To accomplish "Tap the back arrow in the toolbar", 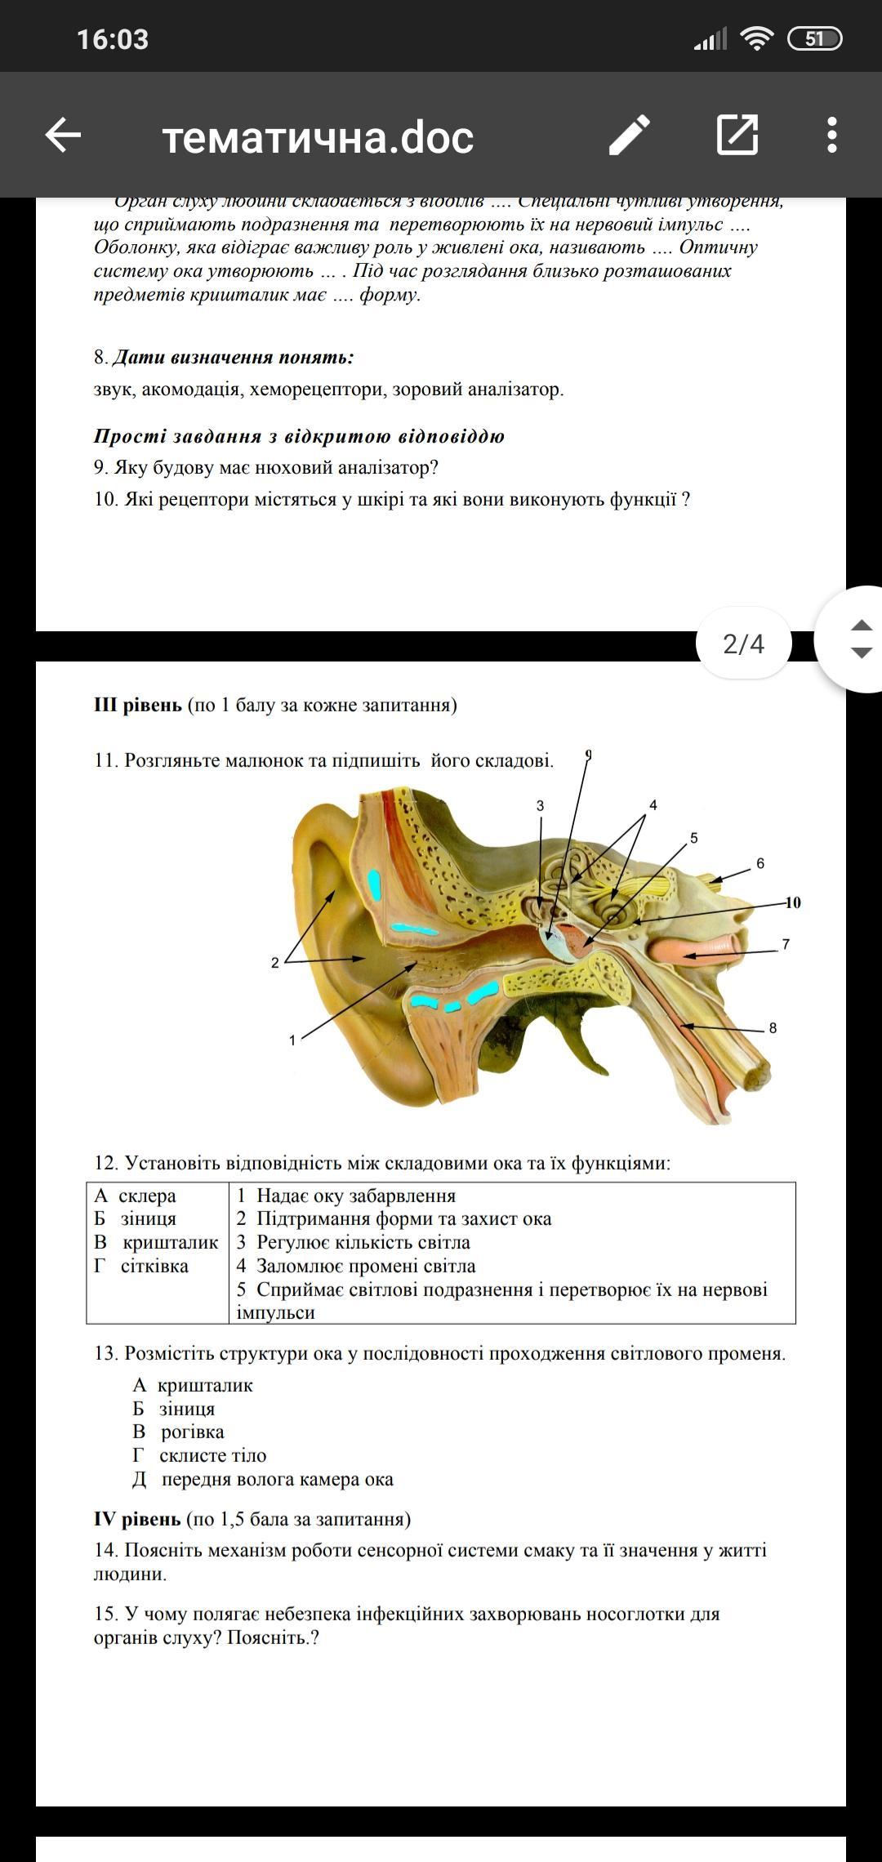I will [x=63, y=135].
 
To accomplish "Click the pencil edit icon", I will [x=630, y=135].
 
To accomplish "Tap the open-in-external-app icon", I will [x=737, y=135].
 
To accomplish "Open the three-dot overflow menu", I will [x=831, y=135].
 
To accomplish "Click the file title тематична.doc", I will [x=318, y=137].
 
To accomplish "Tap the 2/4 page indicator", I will [x=743, y=644].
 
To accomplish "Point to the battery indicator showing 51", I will [x=814, y=38].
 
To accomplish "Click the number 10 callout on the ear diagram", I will [x=793, y=902].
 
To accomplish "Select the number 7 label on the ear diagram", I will [x=786, y=944].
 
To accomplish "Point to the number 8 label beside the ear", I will [x=773, y=1028].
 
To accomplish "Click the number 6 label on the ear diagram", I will [x=760, y=863].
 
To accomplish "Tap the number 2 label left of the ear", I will [x=275, y=963].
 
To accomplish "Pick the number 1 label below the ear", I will [x=292, y=1040].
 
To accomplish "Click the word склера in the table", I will [x=147, y=1196].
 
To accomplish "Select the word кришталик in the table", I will [x=170, y=1242].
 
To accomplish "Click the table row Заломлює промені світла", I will [x=365, y=1266].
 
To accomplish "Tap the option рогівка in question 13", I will [x=192, y=1432].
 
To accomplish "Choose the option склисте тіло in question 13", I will [x=212, y=1455].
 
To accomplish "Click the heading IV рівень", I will [x=137, y=1519].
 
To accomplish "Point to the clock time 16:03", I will [x=113, y=39].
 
